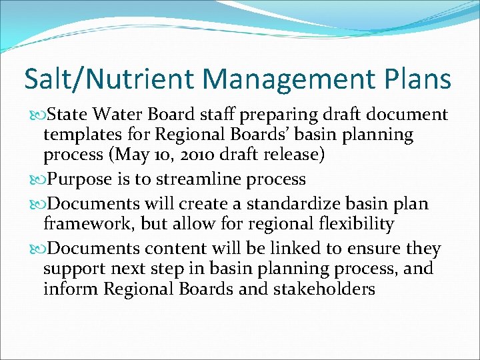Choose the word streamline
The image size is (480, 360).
coord(201,179)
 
